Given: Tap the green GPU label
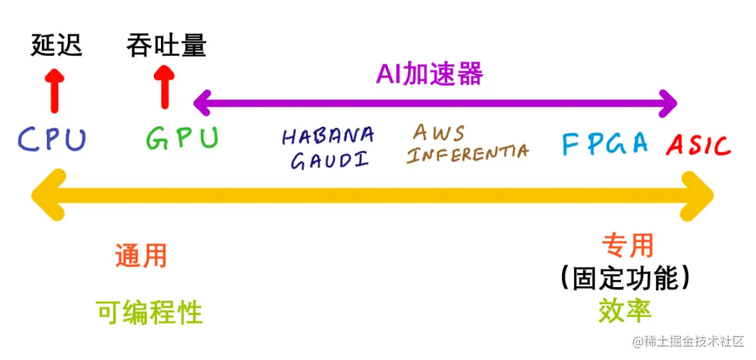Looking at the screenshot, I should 182,137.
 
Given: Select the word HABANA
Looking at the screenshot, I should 328,136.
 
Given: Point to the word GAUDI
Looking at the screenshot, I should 329,160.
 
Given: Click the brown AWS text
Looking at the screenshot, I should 439,132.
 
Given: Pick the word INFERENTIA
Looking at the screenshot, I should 468,153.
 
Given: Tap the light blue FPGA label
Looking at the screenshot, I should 605,143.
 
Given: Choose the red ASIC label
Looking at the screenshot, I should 698,145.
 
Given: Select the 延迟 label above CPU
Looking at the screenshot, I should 57,46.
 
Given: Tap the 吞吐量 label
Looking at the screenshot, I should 166,46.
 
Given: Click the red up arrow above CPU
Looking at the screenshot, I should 54,90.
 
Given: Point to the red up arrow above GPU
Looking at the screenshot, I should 164,87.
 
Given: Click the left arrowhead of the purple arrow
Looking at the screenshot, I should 202,103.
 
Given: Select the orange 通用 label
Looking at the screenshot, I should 141,256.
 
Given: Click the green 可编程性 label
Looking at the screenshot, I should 150,312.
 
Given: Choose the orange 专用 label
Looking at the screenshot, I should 628,245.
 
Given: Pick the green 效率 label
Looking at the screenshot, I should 625,310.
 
